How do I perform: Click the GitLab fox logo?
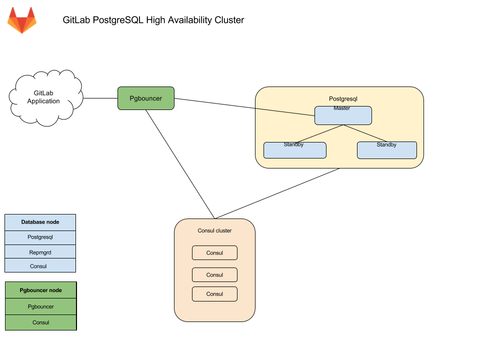(x=21, y=20)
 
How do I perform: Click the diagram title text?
(x=153, y=20)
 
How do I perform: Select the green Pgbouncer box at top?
(x=145, y=98)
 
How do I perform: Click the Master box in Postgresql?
(x=342, y=115)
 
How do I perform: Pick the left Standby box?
(x=294, y=150)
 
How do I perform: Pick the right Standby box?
(x=386, y=150)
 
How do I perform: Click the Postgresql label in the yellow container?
(x=342, y=99)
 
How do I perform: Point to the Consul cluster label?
(x=214, y=230)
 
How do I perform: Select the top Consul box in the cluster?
(x=214, y=253)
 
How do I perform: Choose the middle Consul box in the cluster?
(x=214, y=275)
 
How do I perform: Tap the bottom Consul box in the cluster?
(x=214, y=294)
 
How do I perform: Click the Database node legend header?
(x=40, y=222)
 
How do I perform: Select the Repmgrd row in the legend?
(x=40, y=252)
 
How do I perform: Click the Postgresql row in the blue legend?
(x=40, y=237)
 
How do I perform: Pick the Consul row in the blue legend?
(x=40, y=265)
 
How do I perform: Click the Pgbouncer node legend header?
(x=40, y=290)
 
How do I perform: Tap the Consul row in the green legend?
(x=40, y=322)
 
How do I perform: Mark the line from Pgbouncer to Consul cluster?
(x=180, y=164)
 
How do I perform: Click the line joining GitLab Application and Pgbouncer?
(x=100, y=98)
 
